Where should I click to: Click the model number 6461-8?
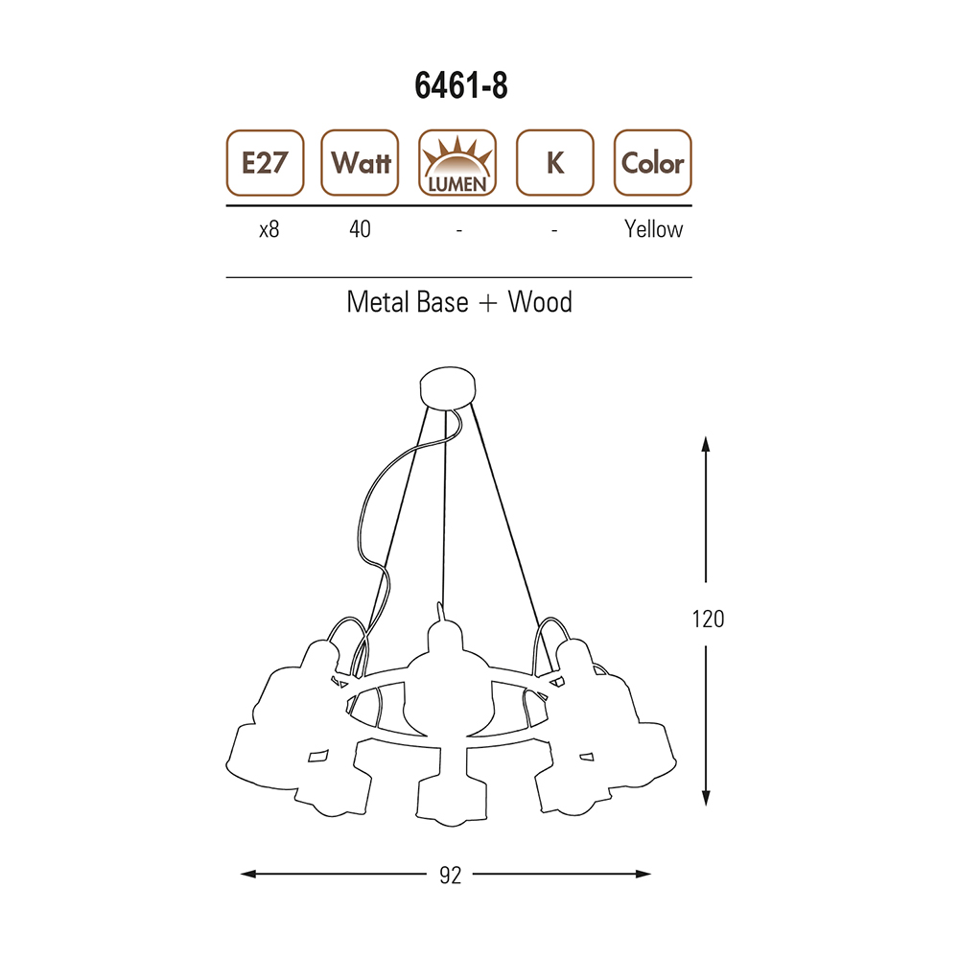461,85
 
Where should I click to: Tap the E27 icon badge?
265,163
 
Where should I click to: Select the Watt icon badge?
360,163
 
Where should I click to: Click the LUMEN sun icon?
457,163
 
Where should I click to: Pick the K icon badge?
554,163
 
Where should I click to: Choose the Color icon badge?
652,163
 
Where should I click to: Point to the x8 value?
269,229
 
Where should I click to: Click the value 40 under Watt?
360,229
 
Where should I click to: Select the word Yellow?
653,229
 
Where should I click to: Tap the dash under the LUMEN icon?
458,230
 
